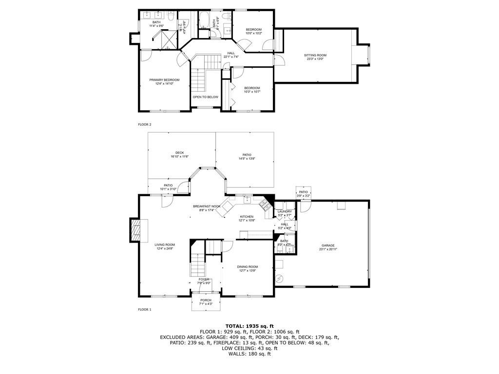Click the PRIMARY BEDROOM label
coord(164,80)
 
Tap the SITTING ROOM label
coord(316,56)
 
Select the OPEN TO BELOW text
coord(205,97)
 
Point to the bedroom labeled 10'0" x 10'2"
coord(253,30)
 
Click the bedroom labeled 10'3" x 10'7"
coord(252,88)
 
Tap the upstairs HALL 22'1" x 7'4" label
coord(231,53)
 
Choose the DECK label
coord(180,153)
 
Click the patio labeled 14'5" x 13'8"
coord(245,155)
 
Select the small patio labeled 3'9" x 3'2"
coord(303,192)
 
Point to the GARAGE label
coord(327,245)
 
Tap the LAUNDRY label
coord(285,211)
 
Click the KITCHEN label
coord(247,217)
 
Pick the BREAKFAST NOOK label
coord(207,206)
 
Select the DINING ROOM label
coord(248,267)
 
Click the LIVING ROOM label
coord(165,245)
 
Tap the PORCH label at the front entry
coord(206,300)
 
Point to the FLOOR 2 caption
coord(145,125)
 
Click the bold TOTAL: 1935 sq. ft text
coord(249,326)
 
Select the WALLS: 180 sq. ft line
coord(249,354)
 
